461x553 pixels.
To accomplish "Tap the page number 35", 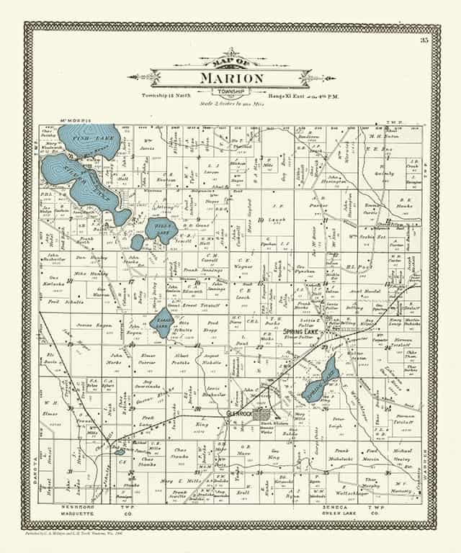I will [x=426, y=40].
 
